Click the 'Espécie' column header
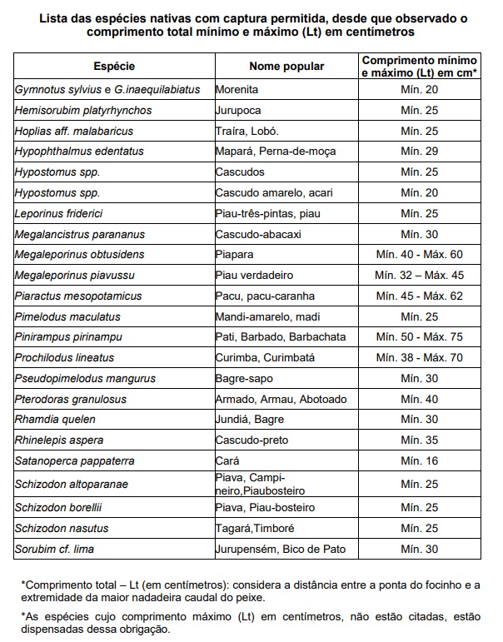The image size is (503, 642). [x=113, y=67]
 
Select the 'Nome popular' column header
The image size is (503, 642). [x=286, y=67]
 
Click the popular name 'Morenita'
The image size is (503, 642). [x=237, y=89]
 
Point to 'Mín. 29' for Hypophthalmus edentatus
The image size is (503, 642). [x=420, y=152]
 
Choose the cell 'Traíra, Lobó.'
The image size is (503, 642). [x=247, y=131]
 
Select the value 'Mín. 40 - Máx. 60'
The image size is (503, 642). [x=420, y=255]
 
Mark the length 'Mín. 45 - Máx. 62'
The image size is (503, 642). [x=420, y=296]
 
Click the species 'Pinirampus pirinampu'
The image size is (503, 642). [x=69, y=337]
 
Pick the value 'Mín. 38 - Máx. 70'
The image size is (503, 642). [x=420, y=358]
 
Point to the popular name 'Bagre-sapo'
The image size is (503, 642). [x=242, y=378]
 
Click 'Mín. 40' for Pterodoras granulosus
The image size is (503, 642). [x=420, y=399]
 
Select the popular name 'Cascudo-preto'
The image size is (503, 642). [x=248, y=440]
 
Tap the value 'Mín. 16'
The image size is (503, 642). [x=420, y=460]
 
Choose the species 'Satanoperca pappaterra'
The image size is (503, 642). [x=75, y=460]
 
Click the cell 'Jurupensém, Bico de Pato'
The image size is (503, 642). [x=281, y=549]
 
